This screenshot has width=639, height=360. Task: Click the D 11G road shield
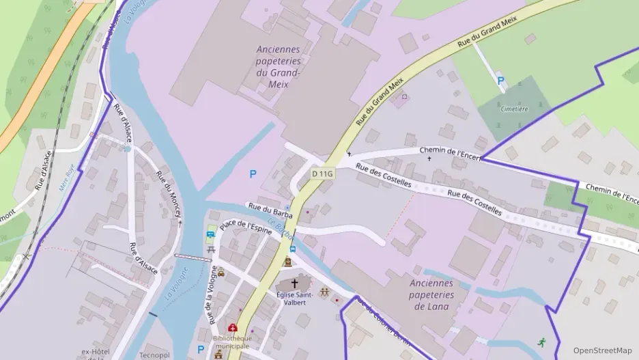click(322, 174)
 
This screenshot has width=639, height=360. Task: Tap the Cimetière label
click(514, 109)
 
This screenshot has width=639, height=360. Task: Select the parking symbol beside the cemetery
click(500, 81)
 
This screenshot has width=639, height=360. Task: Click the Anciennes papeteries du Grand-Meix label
click(279, 67)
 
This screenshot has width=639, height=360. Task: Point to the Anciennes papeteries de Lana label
click(431, 294)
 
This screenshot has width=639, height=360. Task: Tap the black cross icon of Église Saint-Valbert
click(295, 283)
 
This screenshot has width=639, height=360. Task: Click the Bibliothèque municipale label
click(231, 342)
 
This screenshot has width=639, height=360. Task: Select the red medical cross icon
click(232, 328)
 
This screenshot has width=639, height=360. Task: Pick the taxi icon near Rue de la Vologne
click(221, 272)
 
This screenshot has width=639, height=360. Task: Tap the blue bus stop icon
click(292, 249)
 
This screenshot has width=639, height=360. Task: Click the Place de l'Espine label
click(246, 225)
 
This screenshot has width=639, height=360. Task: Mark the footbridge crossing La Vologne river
click(193, 258)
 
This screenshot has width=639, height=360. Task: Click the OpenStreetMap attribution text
click(602, 350)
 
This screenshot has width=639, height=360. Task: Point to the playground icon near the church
click(324, 292)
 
